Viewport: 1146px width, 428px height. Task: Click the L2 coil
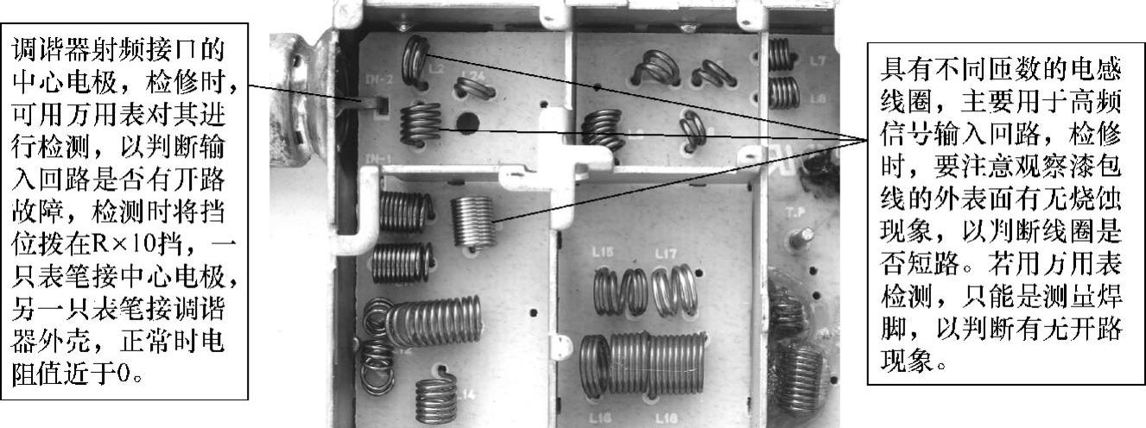[x=415, y=61]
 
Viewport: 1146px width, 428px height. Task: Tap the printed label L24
[x=473, y=76]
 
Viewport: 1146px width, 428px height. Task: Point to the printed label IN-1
[x=378, y=158]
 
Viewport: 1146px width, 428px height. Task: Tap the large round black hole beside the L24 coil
[x=467, y=123]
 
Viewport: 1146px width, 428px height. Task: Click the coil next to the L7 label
[x=779, y=54]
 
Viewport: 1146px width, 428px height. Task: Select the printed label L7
[x=818, y=61]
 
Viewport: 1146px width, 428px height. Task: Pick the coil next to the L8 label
[x=784, y=92]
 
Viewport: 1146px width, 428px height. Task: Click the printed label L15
[x=603, y=252]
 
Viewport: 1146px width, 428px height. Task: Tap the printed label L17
[x=666, y=253]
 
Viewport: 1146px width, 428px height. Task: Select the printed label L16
[x=602, y=418]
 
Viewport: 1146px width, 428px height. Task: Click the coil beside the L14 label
[x=436, y=396]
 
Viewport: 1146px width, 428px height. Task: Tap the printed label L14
[x=466, y=394]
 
